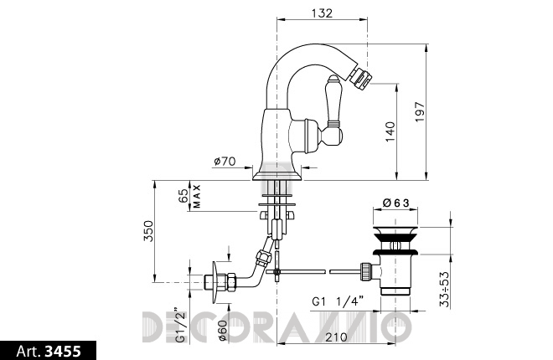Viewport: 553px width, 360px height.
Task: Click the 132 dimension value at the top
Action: (322, 13)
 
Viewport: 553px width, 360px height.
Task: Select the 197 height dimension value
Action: (420, 112)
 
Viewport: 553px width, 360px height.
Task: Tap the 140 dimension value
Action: (390, 131)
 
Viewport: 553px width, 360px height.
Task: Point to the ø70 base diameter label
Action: (225, 162)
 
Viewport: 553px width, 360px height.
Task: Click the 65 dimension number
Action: (183, 196)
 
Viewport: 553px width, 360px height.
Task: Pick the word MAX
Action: (197, 196)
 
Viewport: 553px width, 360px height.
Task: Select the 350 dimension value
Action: (148, 231)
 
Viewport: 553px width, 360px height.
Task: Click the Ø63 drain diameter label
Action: (395, 203)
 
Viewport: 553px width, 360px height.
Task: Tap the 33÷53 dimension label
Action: (445, 289)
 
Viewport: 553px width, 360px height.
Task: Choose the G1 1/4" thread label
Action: (338, 301)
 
